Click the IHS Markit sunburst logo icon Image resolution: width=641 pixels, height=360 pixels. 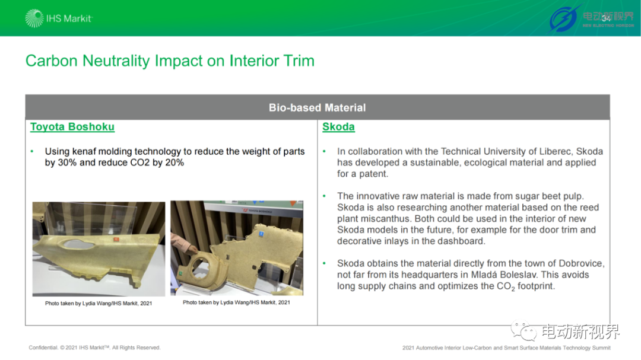click(x=34, y=18)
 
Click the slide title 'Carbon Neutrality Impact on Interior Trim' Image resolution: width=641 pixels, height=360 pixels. click(x=170, y=61)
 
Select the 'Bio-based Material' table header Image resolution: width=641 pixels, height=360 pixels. click(x=317, y=107)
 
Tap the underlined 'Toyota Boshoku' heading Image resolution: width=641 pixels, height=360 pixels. click(x=72, y=127)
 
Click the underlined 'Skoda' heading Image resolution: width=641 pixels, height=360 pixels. click(x=338, y=127)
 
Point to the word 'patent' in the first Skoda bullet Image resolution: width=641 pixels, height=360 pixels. click(x=374, y=174)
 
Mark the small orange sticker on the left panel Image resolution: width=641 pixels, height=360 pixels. click(x=116, y=239)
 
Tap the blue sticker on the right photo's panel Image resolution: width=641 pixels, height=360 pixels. click(x=261, y=234)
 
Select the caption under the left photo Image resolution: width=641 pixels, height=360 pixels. click(x=99, y=304)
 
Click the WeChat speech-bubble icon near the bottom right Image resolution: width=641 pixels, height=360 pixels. click(x=523, y=330)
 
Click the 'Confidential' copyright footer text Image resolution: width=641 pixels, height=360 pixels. click(x=95, y=348)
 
